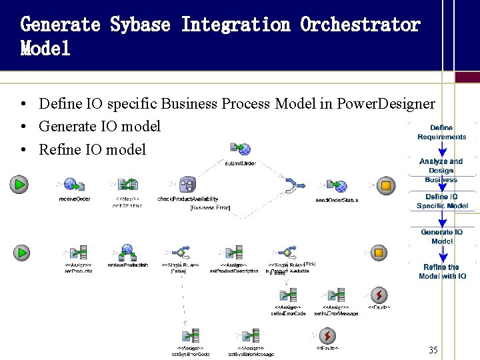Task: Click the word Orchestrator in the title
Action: [360, 25]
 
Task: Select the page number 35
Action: [433, 350]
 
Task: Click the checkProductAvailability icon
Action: [187, 185]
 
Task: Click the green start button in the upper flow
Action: [19, 184]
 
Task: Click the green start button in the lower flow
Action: [22, 253]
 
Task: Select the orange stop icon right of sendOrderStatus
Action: [385, 185]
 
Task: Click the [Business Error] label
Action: [210, 208]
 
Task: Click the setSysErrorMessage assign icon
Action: [251, 336]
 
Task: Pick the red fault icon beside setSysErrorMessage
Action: [327, 335]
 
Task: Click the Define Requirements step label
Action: [441, 132]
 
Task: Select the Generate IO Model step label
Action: [441, 237]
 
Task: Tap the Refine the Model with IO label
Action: [441, 271]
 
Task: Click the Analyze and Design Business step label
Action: [441, 170]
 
